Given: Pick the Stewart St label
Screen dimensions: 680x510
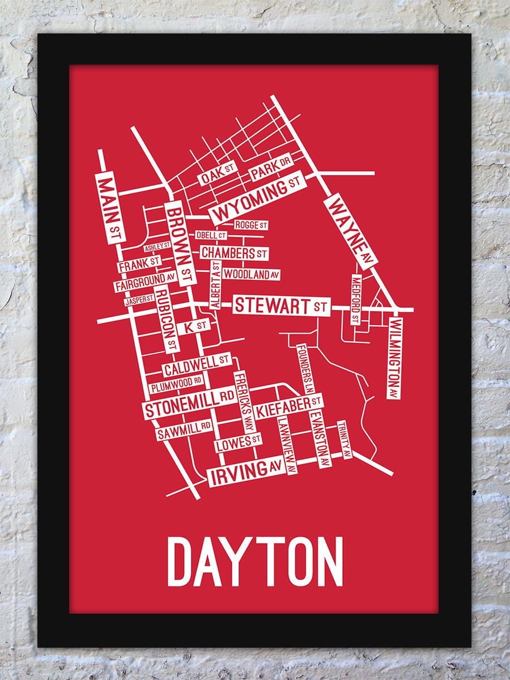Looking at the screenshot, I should [281, 305].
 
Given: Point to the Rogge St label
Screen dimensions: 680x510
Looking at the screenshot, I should [251, 225].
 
